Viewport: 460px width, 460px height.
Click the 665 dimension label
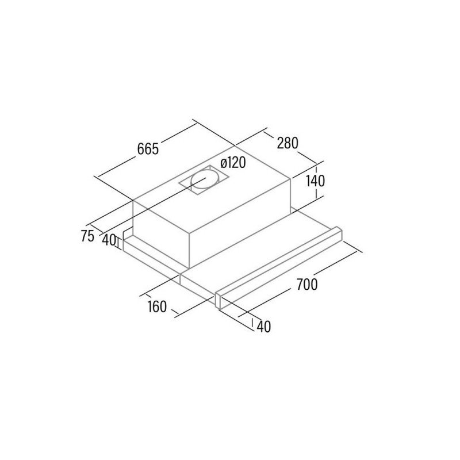[148, 149]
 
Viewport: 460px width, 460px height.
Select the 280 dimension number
[287, 143]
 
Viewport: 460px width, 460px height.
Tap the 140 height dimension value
[315, 181]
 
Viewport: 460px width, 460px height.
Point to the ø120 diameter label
[233, 163]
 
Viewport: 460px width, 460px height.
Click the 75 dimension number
[87, 236]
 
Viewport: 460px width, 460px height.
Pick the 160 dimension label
[157, 306]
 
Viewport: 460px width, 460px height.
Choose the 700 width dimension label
[307, 284]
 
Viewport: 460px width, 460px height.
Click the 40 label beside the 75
[109, 240]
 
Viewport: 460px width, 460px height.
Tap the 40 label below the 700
[264, 326]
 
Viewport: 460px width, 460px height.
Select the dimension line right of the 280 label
[307, 158]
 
